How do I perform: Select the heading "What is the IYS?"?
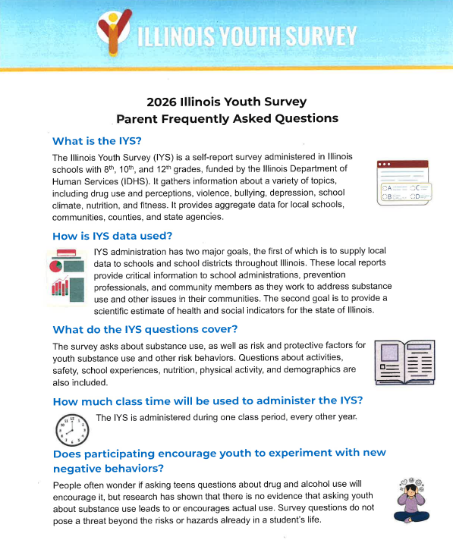click(97, 141)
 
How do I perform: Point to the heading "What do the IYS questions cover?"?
click(145, 329)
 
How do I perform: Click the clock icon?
click(72, 429)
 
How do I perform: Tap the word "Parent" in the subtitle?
click(138, 118)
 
